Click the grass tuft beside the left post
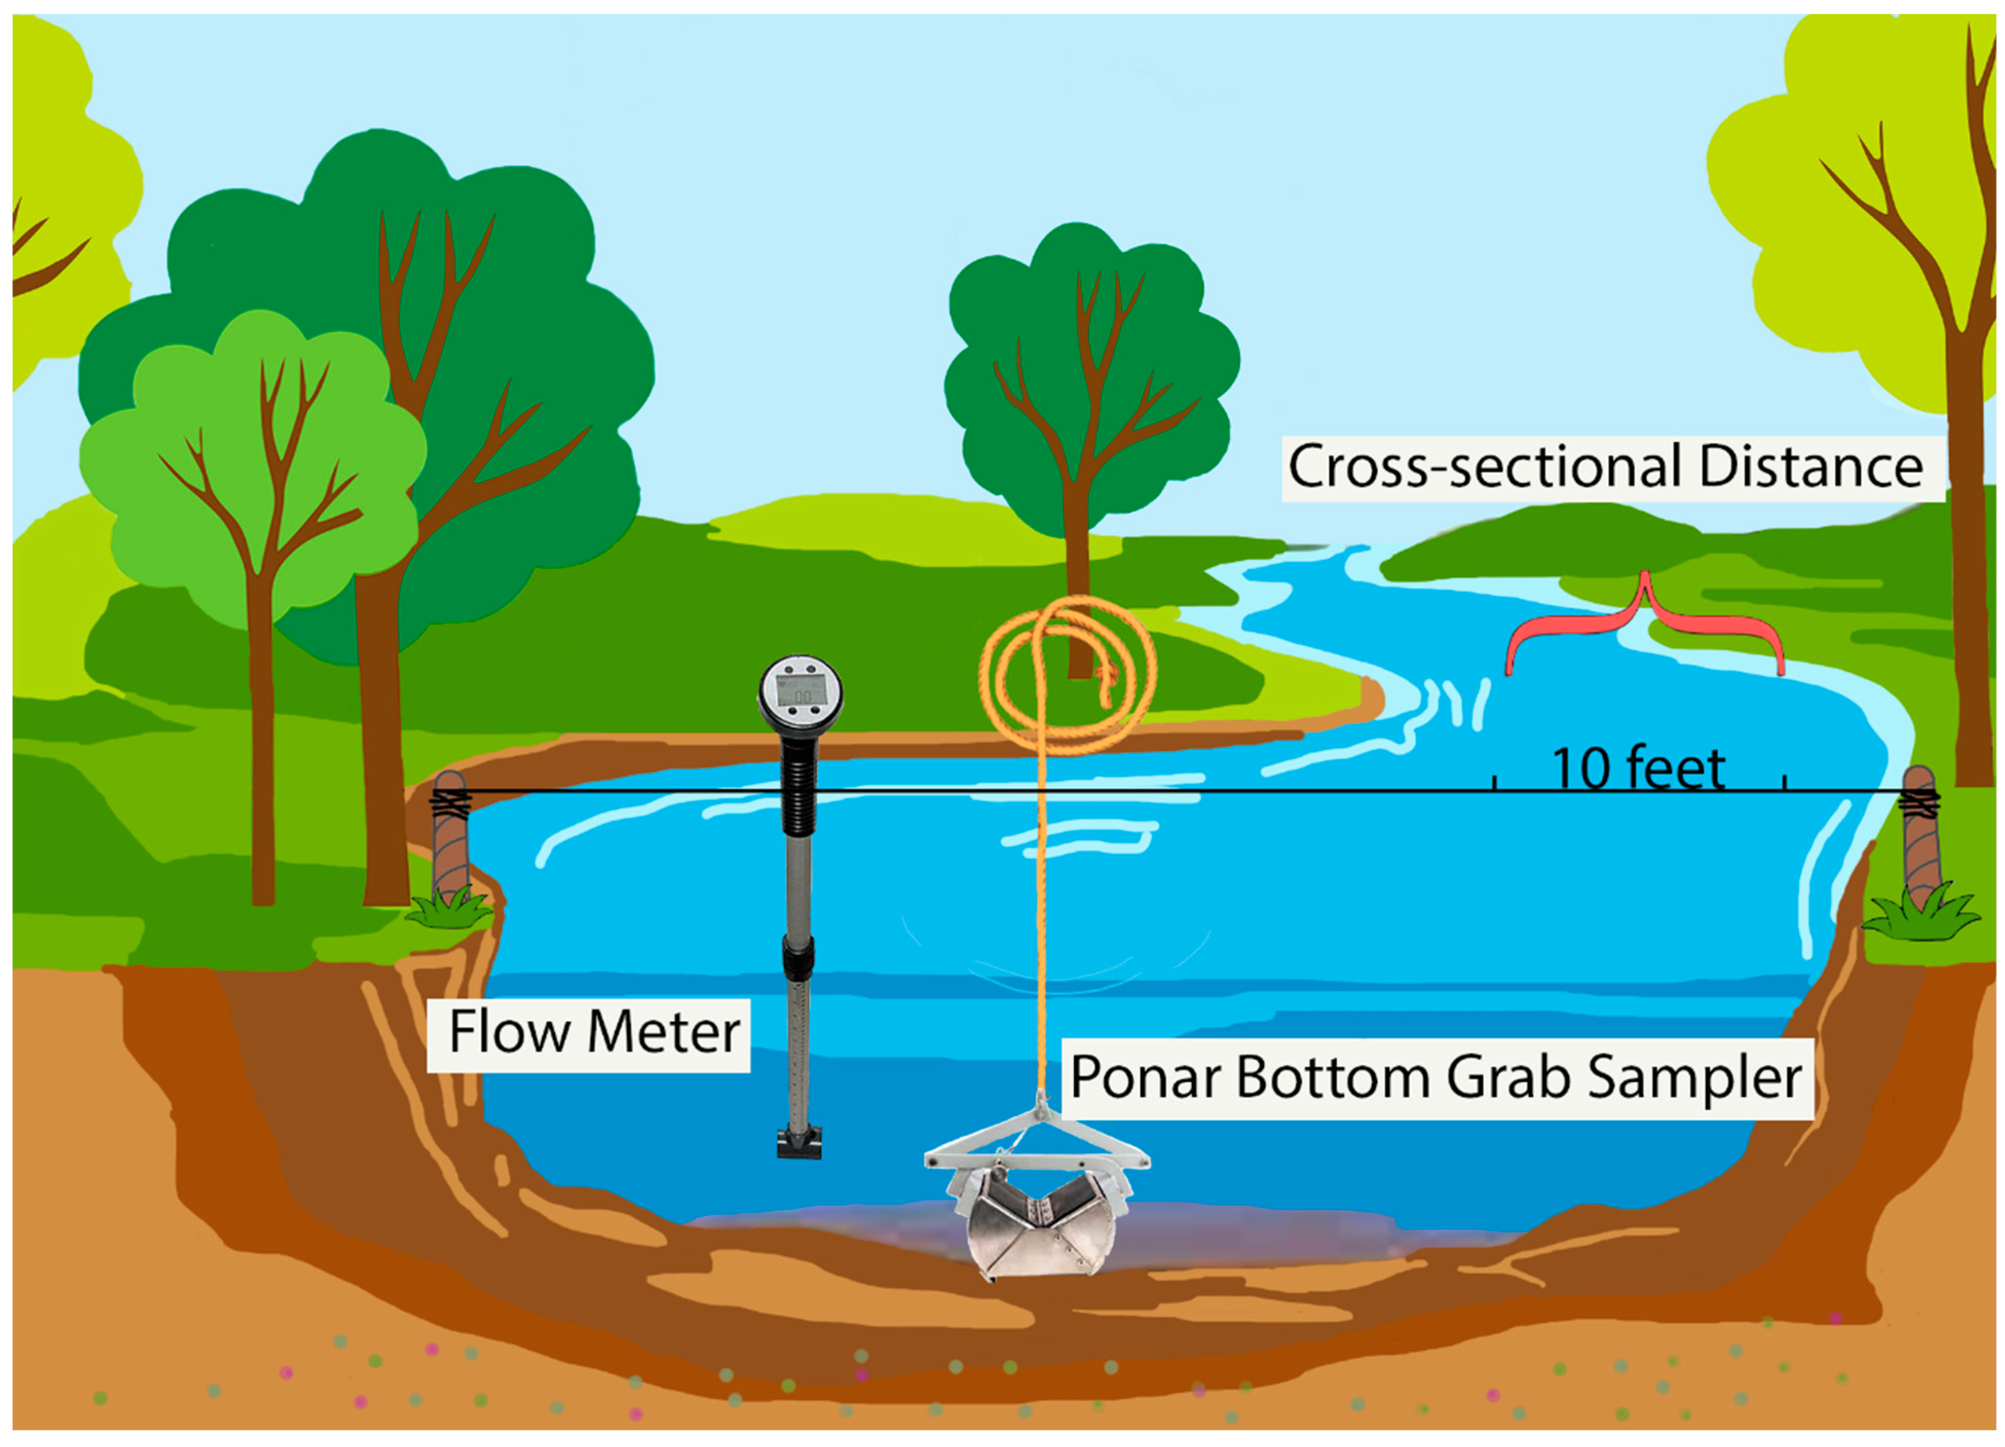coord(449,910)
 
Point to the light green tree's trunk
coord(262,751)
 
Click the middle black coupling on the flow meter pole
coord(798,959)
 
